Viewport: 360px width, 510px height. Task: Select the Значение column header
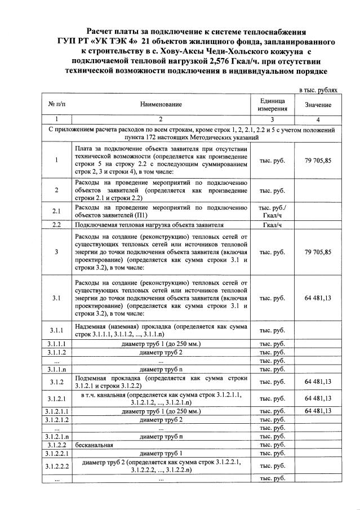coord(318,105)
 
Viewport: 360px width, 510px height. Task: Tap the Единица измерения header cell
coord(272,104)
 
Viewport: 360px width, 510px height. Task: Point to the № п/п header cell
coord(56,105)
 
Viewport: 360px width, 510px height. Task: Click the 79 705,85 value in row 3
coord(318,252)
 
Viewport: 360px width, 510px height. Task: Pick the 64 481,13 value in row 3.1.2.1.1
coord(318,411)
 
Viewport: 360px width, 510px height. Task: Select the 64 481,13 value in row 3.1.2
coord(318,382)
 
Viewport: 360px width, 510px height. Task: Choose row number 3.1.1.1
coord(56,344)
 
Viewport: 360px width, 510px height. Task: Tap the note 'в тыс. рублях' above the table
coord(318,90)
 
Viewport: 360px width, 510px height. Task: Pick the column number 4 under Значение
coord(318,119)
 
